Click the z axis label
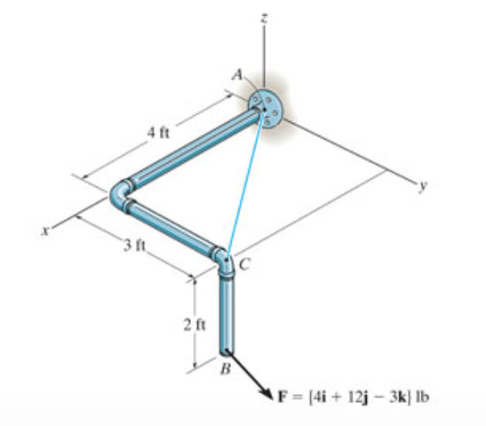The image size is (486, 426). [x=264, y=19]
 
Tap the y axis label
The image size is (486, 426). [x=422, y=186]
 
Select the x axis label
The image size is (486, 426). [x=46, y=231]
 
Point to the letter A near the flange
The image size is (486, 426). [x=238, y=74]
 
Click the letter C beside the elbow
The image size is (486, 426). [x=245, y=265]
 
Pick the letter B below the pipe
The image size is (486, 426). [x=225, y=369]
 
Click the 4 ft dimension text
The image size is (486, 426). [x=159, y=133]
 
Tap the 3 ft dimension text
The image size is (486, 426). [x=134, y=246]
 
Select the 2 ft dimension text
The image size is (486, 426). [x=194, y=325]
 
